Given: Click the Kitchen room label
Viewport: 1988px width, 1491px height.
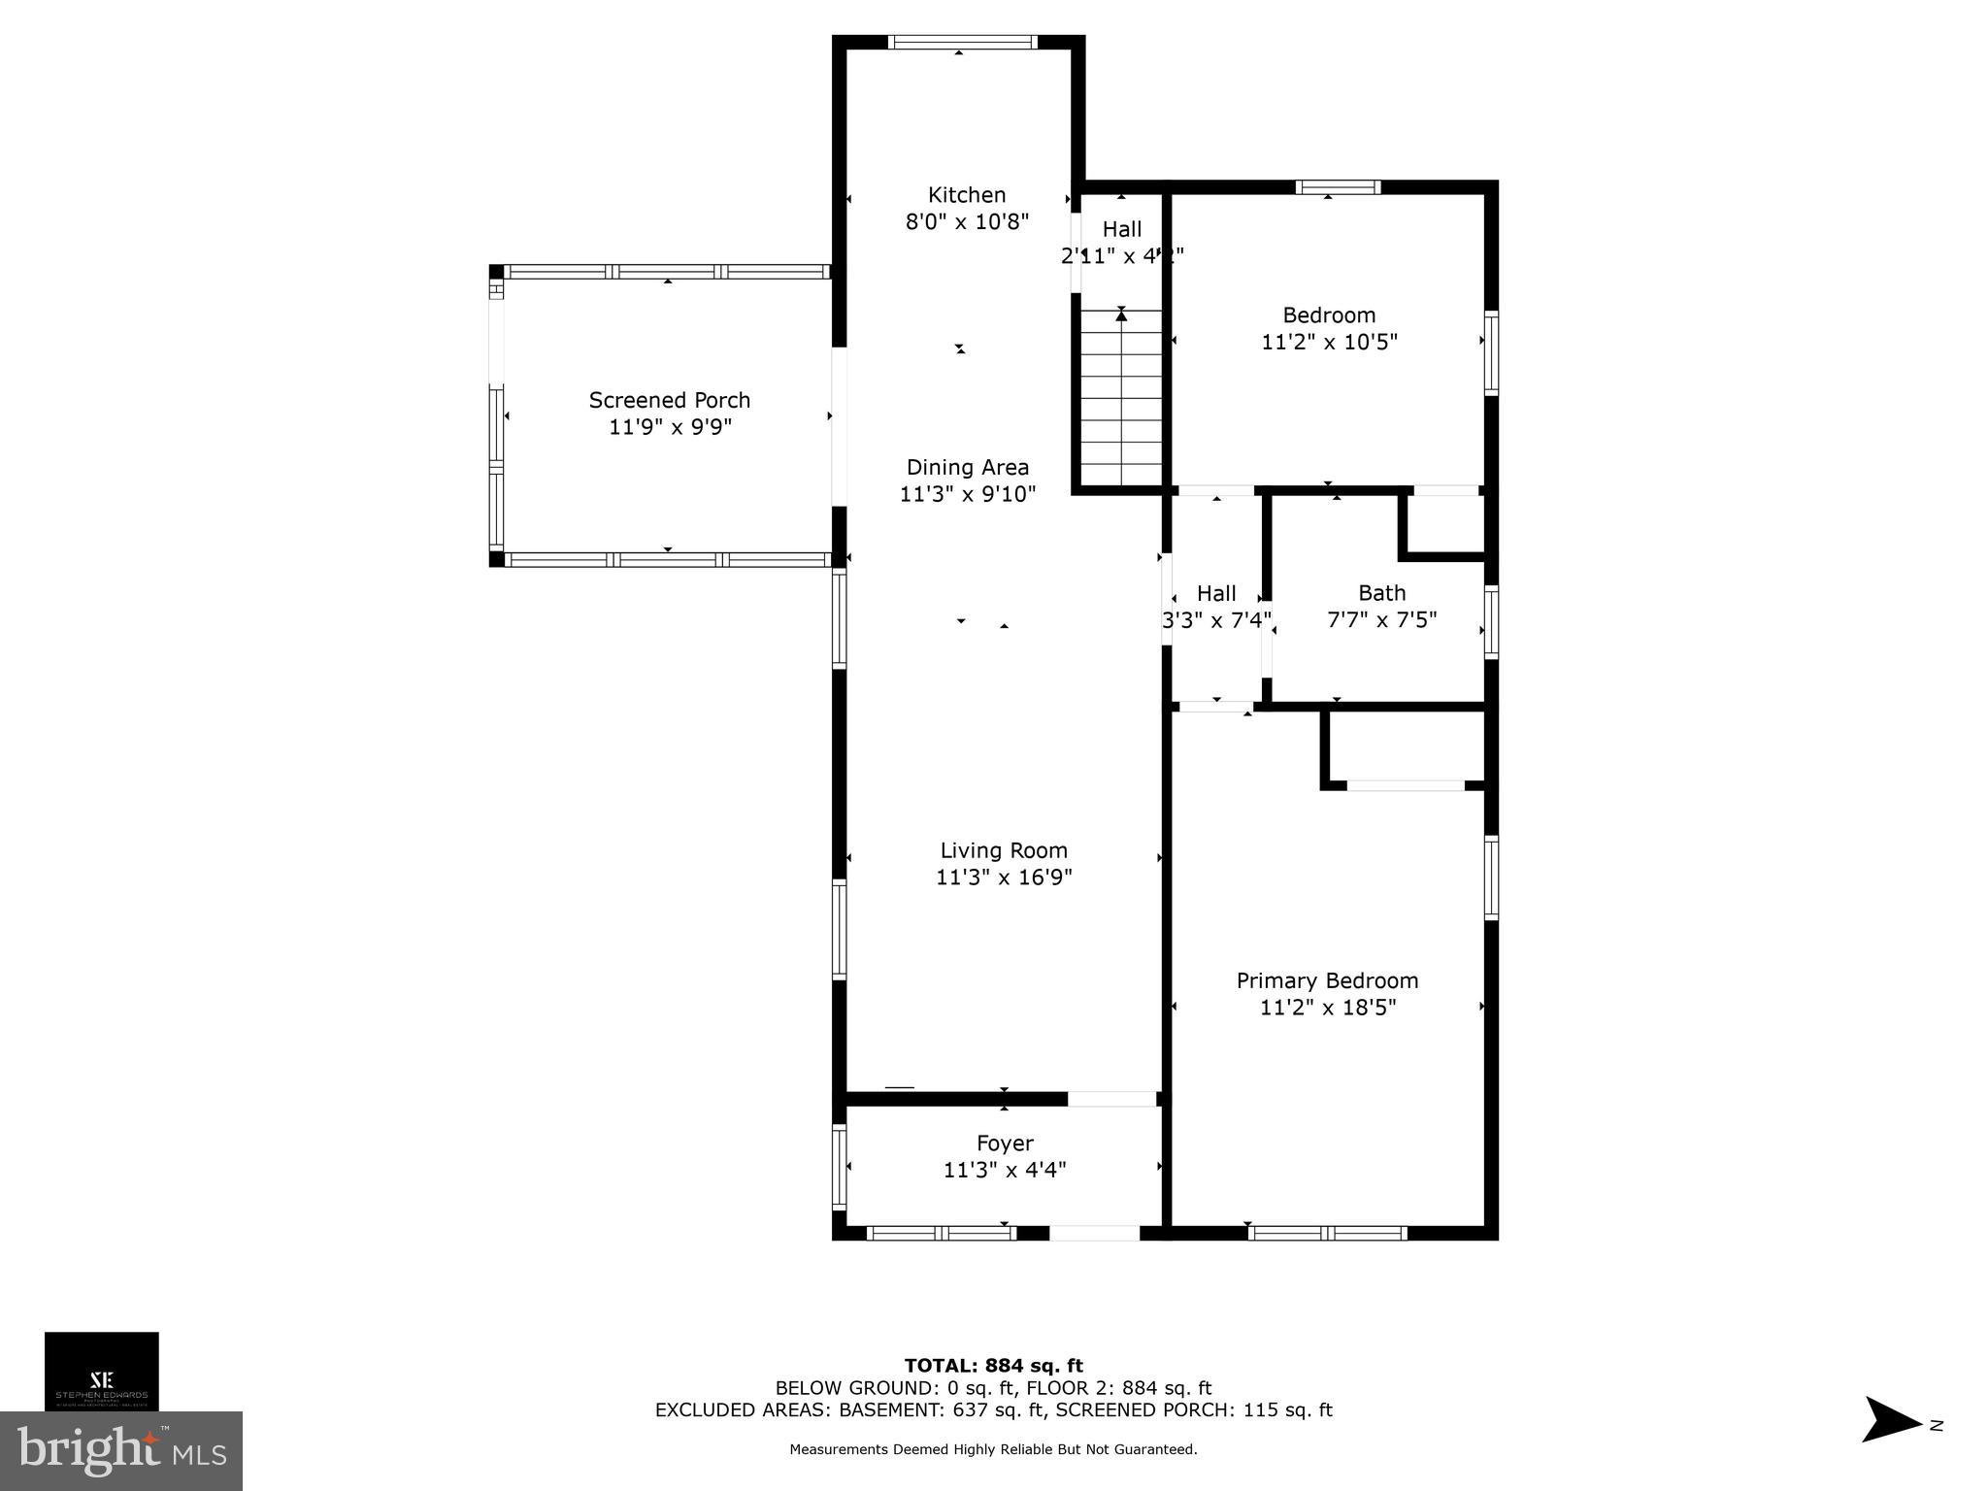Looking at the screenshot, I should pyautogui.click(x=966, y=195).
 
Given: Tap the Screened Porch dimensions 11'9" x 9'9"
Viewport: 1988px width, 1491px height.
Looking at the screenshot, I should pyautogui.click(x=670, y=427).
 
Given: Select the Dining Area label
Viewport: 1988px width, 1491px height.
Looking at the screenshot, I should pyautogui.click(x=967, y=467).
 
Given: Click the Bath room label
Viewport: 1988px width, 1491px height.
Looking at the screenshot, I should pyautogui.click(x=1381, y=593).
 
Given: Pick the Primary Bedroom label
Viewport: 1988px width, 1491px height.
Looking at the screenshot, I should pyautogui.click(x=1327, y=980).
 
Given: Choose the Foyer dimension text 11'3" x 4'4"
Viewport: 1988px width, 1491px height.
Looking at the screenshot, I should pyautogui.click(x=1005, y=1171).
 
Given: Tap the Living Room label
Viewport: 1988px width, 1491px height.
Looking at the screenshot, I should pyautogui.click(x=1004, y=850).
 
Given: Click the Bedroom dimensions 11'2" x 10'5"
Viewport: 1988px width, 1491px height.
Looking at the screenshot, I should pyautogui.click(x=1329, y=343).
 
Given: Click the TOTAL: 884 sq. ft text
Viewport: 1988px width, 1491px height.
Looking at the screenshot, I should pyautogui.click(x=993, y=1366).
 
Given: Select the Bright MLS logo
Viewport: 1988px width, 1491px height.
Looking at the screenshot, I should pyautogui.click(x=121, y=1451).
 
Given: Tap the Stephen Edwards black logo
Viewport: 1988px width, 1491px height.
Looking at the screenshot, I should pyautogui.click(x=102, y=1371).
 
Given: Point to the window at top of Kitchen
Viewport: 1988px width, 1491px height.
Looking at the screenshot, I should pyautogui.click(x=963, y=42).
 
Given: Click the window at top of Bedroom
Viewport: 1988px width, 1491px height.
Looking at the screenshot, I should pyautogui.click(x=1338, y=187).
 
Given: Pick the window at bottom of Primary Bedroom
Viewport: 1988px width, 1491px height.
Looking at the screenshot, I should pyautogui.click(x=1327, y=1233).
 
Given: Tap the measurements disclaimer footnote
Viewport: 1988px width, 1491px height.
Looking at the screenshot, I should pyautogui.click(x=993, y=1449).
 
